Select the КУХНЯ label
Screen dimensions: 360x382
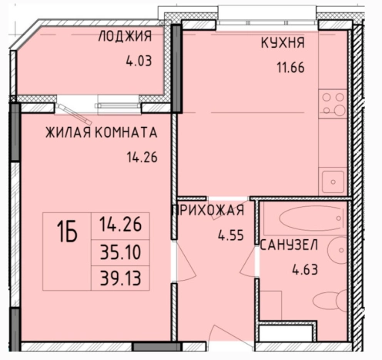(283, 43)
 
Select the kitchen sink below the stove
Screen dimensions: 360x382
(333, 182)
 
